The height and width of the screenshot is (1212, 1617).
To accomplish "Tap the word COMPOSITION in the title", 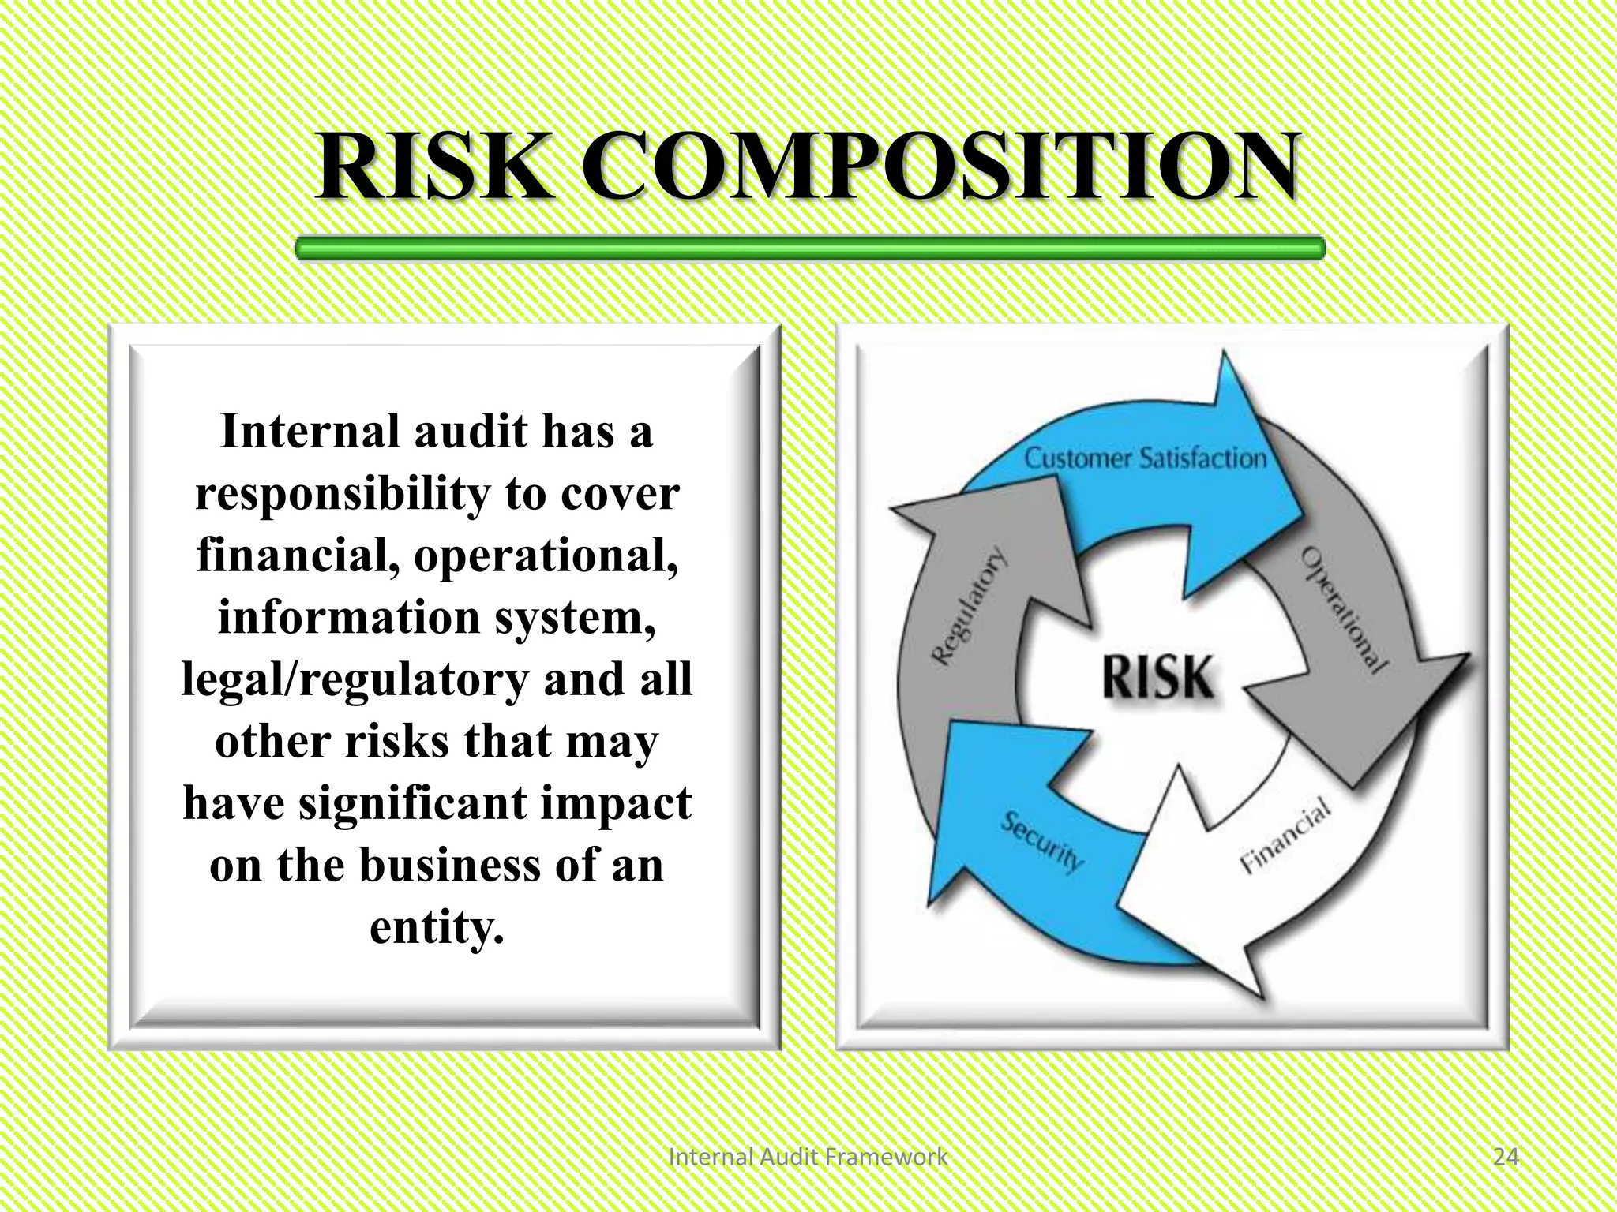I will click(x=940, y=167).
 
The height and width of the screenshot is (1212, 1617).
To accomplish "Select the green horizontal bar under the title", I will click(x=809, y=249).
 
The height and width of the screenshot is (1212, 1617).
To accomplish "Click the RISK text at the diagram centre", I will click(x=1157, y=676).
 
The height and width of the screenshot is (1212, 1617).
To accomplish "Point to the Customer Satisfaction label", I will click(x=1145, y=458).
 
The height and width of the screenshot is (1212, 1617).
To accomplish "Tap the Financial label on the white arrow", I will click(x=1285, y=835).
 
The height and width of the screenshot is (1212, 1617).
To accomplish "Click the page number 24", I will click(x=1506, y=1157).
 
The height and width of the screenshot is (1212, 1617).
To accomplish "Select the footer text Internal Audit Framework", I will click(x=808, y=1157).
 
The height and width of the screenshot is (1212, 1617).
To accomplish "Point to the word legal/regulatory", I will click(x=355, y=679).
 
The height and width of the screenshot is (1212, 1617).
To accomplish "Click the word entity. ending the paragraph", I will click(x=437, y=927).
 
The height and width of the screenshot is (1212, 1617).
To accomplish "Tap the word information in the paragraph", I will click(x=349, y=617).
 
